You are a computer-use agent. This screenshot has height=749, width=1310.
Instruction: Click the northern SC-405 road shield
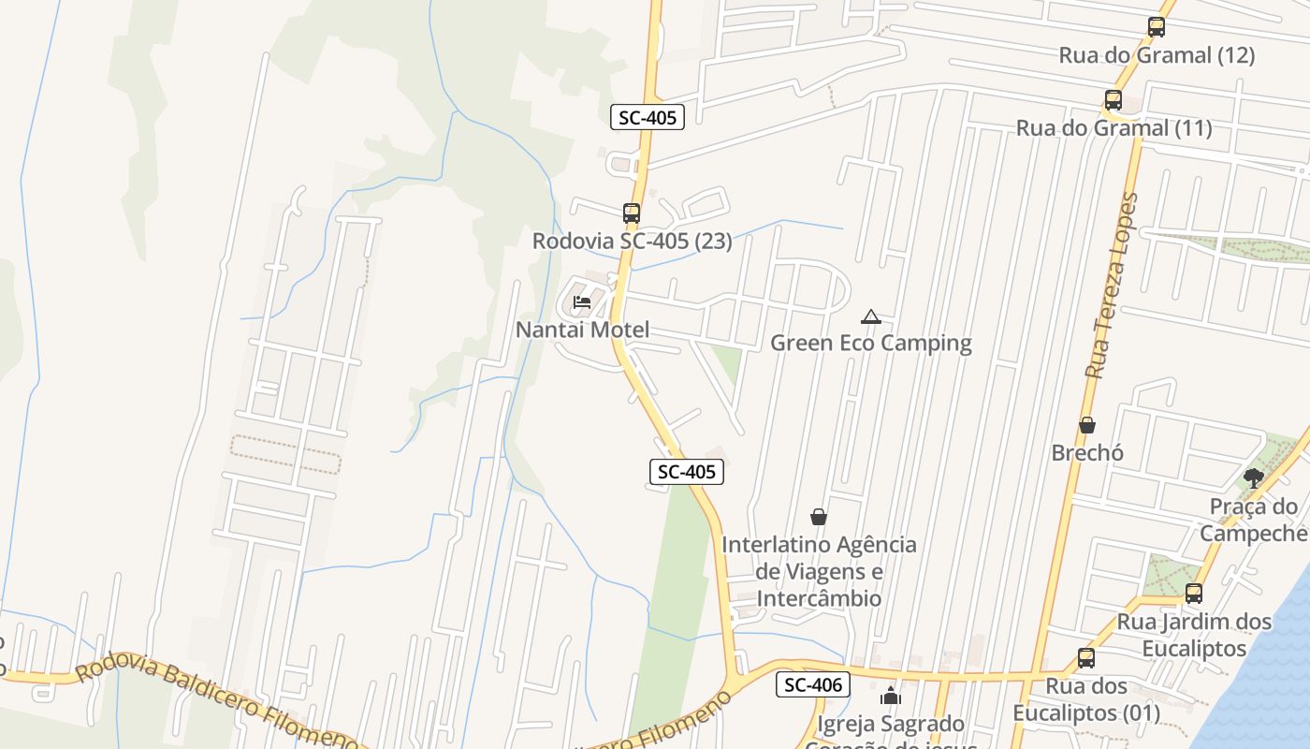(648, 117)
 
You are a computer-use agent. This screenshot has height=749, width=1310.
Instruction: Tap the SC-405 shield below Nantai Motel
(687, 472)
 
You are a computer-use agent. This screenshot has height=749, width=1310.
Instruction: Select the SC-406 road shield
(813, 685)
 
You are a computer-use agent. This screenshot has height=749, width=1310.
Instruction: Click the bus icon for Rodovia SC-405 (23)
(632, 213)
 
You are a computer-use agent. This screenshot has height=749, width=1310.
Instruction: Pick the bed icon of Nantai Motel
(582, 302)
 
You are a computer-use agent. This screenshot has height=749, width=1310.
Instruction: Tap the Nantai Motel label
(582, 330)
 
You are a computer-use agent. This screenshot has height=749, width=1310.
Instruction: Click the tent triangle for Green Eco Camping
(871, 317)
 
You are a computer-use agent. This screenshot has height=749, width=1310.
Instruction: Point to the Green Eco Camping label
(870, 343)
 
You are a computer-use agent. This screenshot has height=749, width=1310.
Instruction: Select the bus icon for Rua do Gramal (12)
(1157, 27)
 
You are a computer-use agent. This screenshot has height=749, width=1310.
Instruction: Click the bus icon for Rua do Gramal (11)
(1113, 100)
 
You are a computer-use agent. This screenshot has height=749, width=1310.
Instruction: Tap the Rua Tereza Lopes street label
(1113, 286)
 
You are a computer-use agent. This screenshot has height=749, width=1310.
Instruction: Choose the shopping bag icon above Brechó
(1087, 426)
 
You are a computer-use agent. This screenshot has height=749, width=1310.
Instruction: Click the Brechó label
(1087, 453)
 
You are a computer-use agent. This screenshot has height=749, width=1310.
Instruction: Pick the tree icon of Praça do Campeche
(1254, 479)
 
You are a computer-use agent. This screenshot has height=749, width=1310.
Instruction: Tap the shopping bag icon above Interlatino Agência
(819, 517)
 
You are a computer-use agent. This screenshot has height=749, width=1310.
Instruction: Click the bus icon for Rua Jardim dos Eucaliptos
(1194, 594)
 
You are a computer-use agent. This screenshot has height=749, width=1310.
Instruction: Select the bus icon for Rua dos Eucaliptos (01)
(1086, 658)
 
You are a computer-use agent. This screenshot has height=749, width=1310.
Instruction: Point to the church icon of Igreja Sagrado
(890, 697)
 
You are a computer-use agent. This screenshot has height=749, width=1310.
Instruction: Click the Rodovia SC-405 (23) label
(632, 242)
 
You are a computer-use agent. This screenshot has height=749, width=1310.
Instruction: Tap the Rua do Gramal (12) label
(1157, 55)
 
